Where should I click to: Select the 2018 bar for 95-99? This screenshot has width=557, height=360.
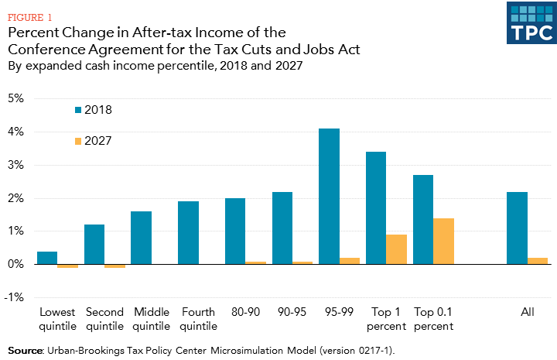(x=329, y=197)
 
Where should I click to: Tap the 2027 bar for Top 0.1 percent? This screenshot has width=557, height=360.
(x=443, y=242)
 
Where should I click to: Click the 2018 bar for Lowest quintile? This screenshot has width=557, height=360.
(x=48, y=258)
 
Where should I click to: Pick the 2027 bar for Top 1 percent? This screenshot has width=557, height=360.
(x=396, y=249)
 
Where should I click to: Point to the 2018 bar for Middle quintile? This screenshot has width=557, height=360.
(x=141, y=238)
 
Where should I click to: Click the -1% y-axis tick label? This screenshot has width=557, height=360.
(x=15, y=298)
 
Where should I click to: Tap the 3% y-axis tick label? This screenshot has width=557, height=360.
(x=17, y=166)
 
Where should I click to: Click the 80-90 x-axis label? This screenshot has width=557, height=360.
(x=245, y=313)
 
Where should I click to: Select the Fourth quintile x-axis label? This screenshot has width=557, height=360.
(x=198, y=319)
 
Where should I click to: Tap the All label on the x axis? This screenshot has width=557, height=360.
(x=528, y=313)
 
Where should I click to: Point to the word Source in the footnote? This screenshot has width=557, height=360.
(x=26, y=351)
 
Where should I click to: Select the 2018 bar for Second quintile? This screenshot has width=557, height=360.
(x=94, y=245)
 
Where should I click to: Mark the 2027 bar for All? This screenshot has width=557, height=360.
(x=537, y=261)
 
